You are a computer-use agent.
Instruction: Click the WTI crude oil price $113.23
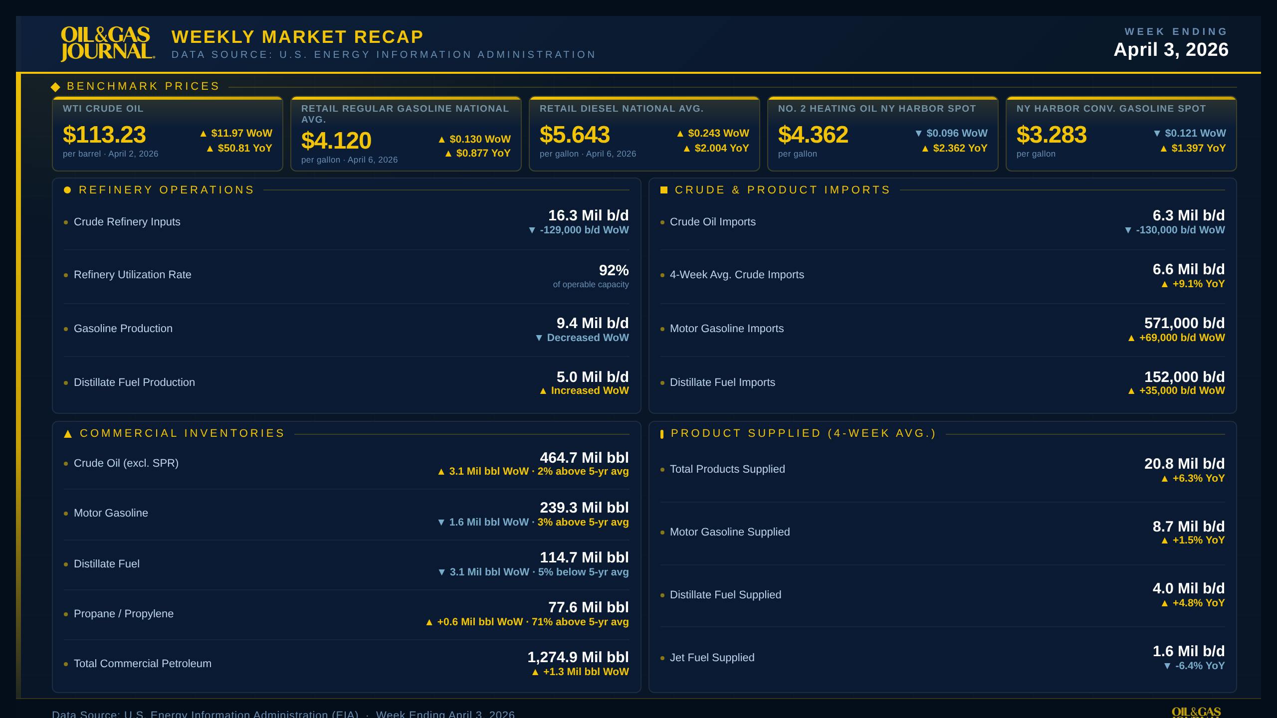tap(104, 135)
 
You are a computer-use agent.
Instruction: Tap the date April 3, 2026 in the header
tap(1171, 49)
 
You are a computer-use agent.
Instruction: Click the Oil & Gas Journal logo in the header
tap(107, 44)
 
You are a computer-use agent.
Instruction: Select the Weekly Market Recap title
tap(297, 37)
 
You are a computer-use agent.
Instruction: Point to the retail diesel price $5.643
tap(574, 135)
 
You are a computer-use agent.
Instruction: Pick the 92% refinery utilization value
tap(614, 270)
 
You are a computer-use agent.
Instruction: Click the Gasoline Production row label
tap(123, 329)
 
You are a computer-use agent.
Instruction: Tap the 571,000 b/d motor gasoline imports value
tap(1184, 323)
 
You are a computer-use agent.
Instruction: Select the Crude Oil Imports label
tap(712, 222)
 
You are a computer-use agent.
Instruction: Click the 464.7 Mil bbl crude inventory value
tap(584, 458)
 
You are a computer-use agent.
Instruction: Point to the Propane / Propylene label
tap(124, 614)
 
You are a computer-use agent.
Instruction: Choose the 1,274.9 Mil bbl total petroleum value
tap(578, 657)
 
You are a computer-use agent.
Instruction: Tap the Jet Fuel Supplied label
tap(712, 658)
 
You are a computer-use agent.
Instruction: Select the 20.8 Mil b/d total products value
tap(1184, 464)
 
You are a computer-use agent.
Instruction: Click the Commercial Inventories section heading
tap(182, 433)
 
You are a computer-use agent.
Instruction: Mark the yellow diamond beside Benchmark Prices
tap(55, 87)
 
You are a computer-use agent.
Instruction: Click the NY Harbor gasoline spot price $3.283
tap(1051, 135)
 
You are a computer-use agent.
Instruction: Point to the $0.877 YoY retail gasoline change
tap(477, 153)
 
